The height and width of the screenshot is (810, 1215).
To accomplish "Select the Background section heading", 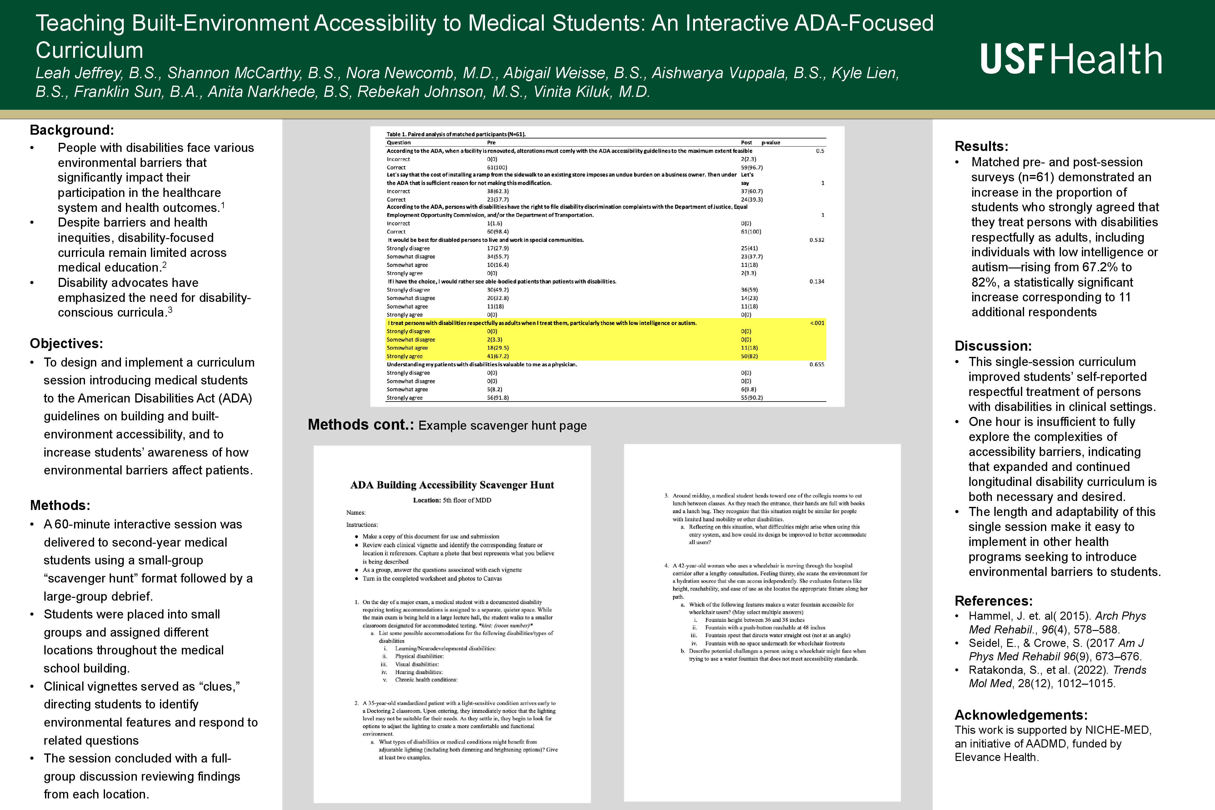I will coord(72,130).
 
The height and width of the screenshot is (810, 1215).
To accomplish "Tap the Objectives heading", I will coord(66,343).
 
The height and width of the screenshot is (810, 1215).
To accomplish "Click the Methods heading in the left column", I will coord(60,505).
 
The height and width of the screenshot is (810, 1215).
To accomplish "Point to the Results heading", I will coord(981,146).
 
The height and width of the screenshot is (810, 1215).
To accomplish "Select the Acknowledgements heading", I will coord(1021,715).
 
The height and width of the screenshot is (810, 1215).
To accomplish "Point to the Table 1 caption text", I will coord(456,134).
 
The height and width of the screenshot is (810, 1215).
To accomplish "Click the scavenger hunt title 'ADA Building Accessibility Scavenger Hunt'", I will coord(452,485).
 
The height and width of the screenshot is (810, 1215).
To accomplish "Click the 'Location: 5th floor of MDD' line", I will coord(452,500).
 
